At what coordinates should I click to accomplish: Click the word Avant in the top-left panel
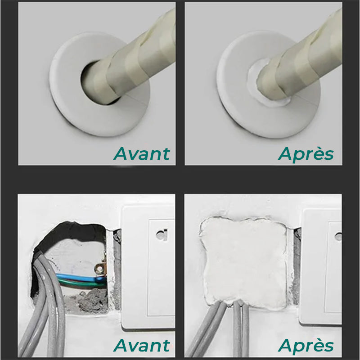click(x=142, y=153)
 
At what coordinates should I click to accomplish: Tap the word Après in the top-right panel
click(x=306, y=153)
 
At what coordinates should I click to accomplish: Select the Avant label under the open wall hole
click(x=142, y=346)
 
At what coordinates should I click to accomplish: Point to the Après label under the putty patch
click(x=306, y=346)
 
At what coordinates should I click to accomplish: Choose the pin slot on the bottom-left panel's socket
click(x=160, y=234)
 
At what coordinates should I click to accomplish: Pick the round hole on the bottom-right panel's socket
click(x=338, y=236)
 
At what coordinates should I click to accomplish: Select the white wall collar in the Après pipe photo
click(x=238, y=108)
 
